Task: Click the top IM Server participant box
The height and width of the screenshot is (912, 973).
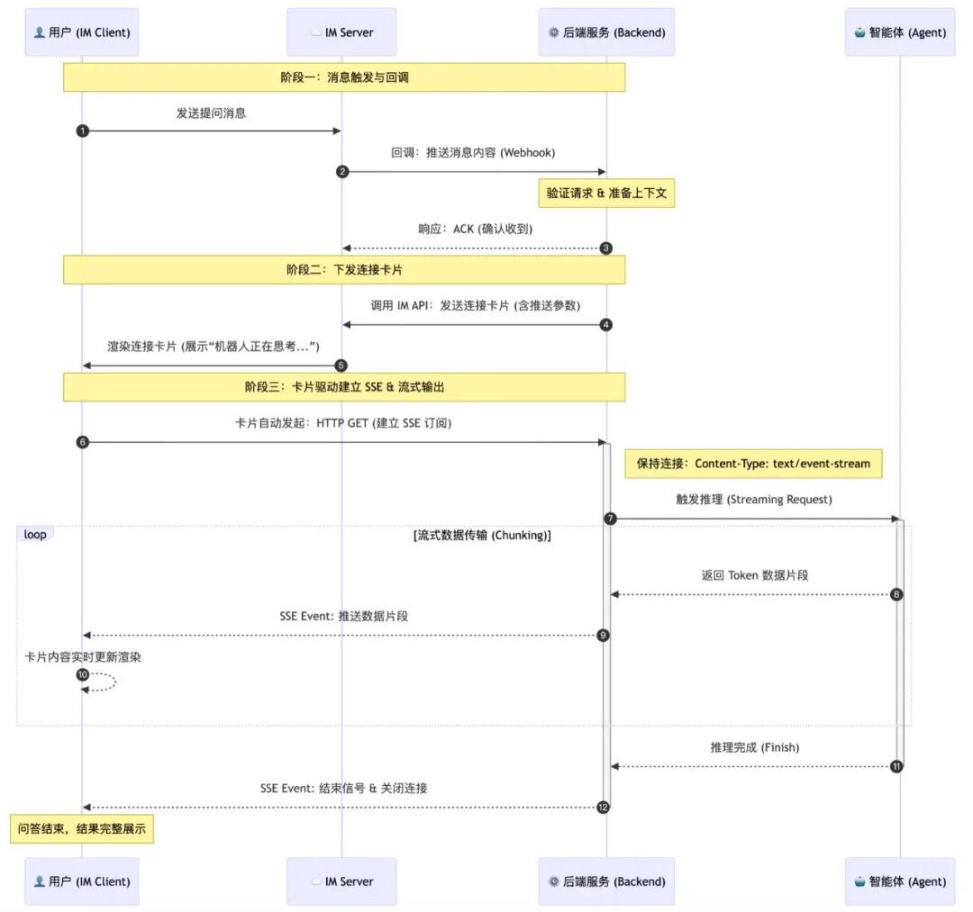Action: pyautogui.click(x=341, y=32)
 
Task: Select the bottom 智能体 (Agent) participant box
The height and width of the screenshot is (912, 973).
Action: pyautogui.click(x=900, y=881)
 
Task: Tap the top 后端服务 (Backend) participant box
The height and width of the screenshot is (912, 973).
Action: pyautogui.click(x=606, y=32)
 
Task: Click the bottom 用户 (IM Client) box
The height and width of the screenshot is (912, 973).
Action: pyautogui.click(x=82, y=881)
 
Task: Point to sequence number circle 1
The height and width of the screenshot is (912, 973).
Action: pyautogui.click(x=83, y=131)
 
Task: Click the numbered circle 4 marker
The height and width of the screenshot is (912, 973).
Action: pyautogui.click(x=605, y=325)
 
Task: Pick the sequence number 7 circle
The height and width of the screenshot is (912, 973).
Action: pyautogui.click(x=610, y=519)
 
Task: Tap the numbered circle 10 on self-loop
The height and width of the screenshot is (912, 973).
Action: pyautogui.click(x=83, y=674)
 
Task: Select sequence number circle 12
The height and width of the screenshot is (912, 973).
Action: pyautogui.click(x=603, y=808)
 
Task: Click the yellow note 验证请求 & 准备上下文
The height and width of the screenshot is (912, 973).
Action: pyautogui.click(x=606, y=194)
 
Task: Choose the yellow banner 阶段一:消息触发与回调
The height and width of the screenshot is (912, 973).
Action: pyautogui.click(x=344, y=77)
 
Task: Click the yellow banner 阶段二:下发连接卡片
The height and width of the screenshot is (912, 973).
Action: pyautogui.click(x=344, y=270)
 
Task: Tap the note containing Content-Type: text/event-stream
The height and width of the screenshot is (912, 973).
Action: pyautogui.click(x=753, y=464)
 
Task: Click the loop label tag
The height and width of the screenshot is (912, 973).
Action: pyautogui.click(x=35, y=534)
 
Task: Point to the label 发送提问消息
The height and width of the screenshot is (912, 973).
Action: pyautogui.click(x=211, y=113)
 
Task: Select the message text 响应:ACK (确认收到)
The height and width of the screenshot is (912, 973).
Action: pyautogui.click(x=476, y=229)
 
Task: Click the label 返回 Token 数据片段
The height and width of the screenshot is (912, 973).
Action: pyautogui.click(x=755, y=575)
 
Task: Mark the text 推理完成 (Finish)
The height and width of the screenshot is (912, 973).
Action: pyautogui.click(x=755, y=747)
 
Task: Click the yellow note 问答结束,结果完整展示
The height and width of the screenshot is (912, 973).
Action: pyautogui.click(x=82, y=829)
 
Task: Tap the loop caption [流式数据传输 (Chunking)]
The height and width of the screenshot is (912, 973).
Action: pyautogui.click(x=482, y=535)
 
